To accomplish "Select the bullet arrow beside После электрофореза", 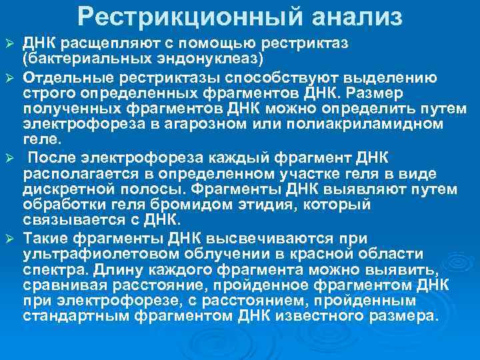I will coord(9,158).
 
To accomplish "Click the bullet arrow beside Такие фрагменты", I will coord(9,239).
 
